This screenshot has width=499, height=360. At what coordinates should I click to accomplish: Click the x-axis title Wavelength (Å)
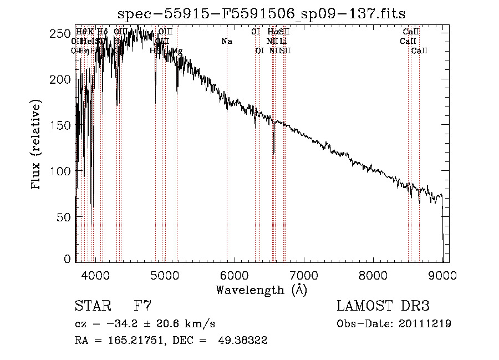coord(261,290)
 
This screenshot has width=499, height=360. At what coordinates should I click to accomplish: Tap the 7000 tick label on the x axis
coord(303,275)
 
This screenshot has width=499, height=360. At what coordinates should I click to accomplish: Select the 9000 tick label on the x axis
coord(442,275)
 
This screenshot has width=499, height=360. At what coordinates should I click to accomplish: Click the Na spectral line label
coord(227,41)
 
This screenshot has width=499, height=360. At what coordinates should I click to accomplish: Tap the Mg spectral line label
coord(177,51)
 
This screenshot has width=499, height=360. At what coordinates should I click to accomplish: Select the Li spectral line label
coord(283,41)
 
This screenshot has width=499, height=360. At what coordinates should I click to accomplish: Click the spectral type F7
coord(143,306)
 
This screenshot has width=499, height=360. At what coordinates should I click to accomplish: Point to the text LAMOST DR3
coord(383,306)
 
